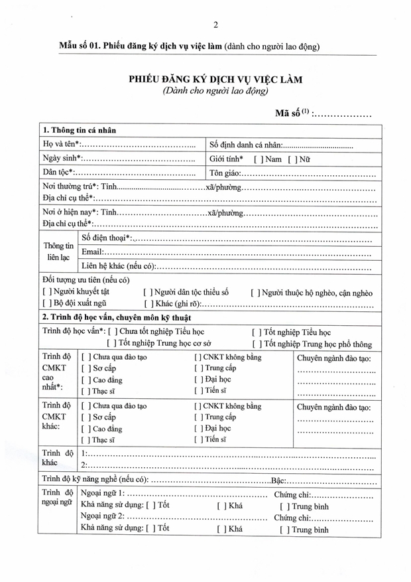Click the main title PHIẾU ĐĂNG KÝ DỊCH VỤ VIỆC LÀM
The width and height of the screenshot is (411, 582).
pos(215,79)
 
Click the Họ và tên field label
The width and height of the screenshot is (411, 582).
pos(61,145)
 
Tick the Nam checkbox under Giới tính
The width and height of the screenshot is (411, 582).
pos(258,159)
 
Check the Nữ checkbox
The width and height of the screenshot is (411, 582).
pos(291,159)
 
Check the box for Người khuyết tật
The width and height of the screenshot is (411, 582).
pos(46,292)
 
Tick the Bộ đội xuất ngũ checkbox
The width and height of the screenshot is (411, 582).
pos(46,303)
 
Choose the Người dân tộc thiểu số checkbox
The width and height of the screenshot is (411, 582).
pos(148,292)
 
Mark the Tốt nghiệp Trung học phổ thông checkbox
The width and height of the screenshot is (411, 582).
pos(256,344)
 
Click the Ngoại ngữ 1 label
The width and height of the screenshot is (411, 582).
pos(102,495)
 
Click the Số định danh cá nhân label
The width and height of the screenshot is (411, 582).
pos(246,145)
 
